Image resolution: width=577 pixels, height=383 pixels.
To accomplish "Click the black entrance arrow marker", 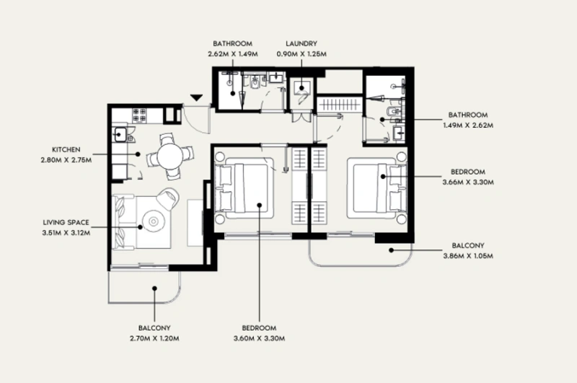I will [196, 97].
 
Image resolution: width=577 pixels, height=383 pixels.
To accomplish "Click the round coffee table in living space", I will [154, 221].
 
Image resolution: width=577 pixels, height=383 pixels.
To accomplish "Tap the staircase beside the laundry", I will [337, 105].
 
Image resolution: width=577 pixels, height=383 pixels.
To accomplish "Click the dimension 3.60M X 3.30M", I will [260, 338].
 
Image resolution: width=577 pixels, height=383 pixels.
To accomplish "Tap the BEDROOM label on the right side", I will [467, 173].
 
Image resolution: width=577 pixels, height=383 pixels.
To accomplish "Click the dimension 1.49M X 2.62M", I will [468, 125].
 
